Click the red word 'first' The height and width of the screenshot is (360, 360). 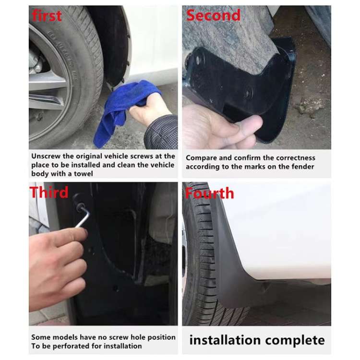(47, 15)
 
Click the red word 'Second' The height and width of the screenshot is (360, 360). (213, 15)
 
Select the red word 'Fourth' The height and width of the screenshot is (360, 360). (210, 193)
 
